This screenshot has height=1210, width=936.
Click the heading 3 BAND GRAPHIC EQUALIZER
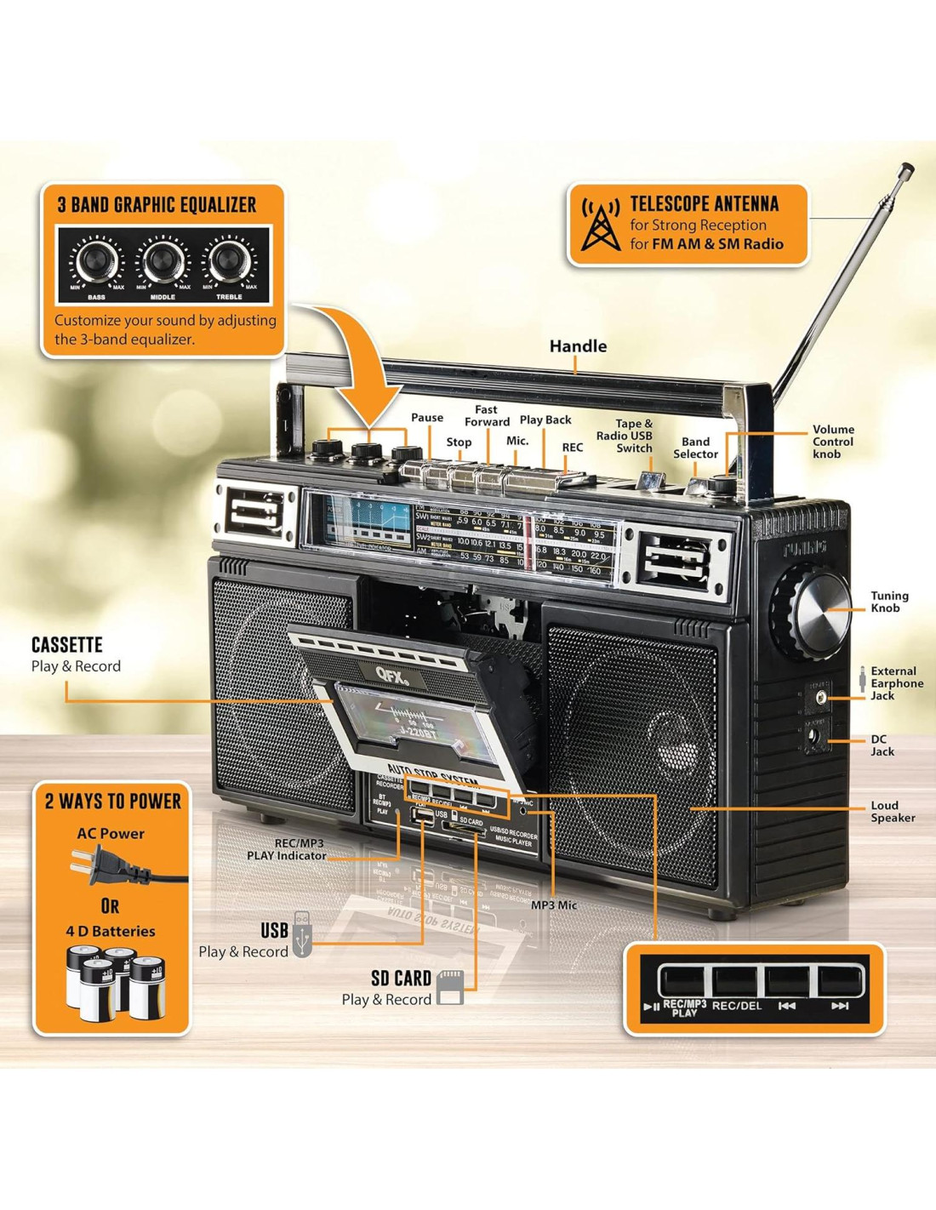[x=157, y=205]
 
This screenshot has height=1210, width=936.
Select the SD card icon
[x=449, y=987]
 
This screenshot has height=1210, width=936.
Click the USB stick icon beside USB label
[x=302, y=935]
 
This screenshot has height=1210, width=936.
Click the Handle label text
[x=578, y=346]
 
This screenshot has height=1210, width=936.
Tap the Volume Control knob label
[x=833, y=442]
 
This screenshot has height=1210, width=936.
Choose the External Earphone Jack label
[x=896, y=683]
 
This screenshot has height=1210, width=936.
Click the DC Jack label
[x=882, y=745]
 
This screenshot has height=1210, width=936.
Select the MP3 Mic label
[x=554, y=905]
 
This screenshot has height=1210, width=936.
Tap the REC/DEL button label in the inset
[x=737, y=1006]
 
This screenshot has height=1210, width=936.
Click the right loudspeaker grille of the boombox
[x=634, y=749]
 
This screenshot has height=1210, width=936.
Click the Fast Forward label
[x=487, y=415]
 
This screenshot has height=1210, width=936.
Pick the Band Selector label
[x=695, y=448]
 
